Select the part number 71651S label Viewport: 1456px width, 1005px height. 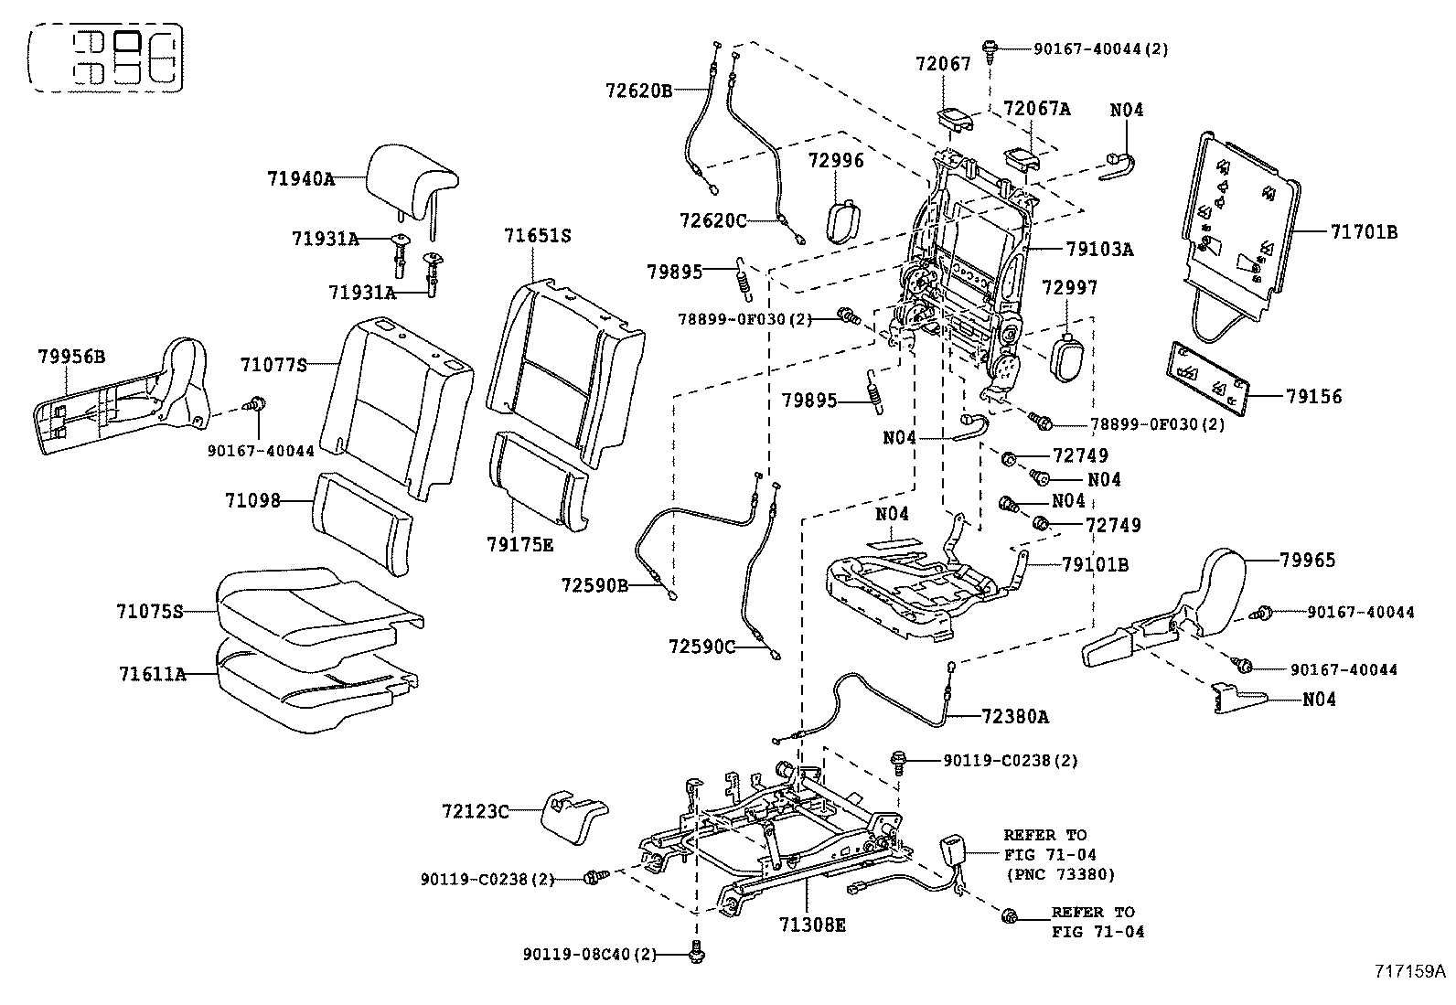537,236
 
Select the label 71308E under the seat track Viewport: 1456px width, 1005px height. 812,925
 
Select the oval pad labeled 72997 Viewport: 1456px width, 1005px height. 1065,358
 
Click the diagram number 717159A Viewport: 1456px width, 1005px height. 1407,971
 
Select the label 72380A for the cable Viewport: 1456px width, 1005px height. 1015,717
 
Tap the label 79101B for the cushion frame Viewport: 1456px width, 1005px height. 1095,565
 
